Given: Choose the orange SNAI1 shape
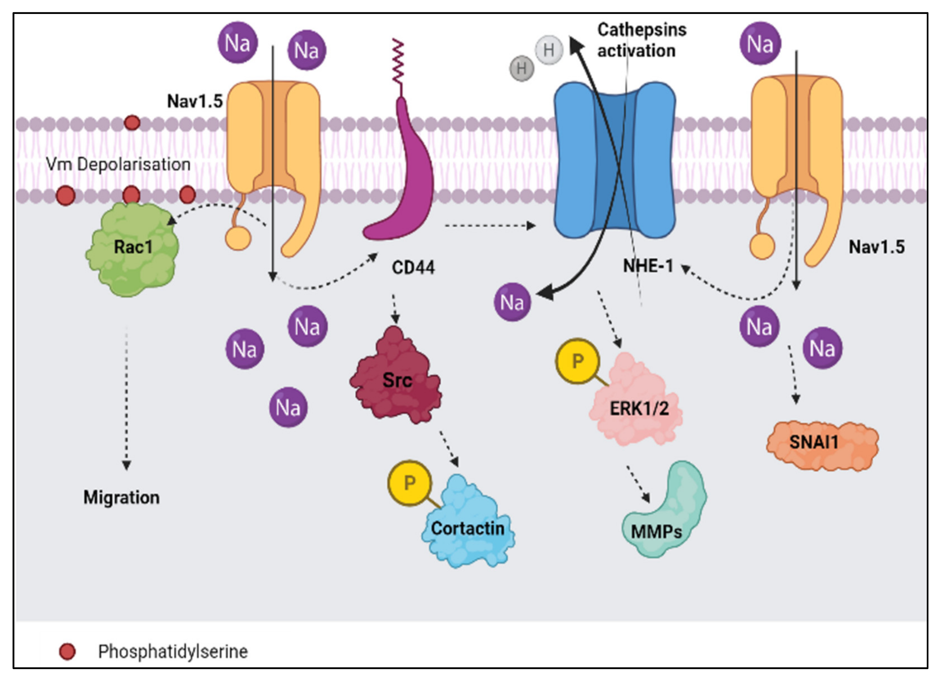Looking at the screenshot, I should pos(822,446).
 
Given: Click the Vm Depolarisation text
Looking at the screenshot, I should pos(118,164).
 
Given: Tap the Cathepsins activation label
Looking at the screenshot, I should pos(641,40).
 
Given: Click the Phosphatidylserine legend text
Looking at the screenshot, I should pos(172,651).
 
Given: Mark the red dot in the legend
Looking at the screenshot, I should pos(67,651).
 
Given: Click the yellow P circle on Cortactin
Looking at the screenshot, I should pos(409,482).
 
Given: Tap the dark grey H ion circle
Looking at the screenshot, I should pos(522,68).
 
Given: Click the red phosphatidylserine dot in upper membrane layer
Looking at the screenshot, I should pos(132,123).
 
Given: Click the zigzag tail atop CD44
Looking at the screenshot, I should pos(398,62).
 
